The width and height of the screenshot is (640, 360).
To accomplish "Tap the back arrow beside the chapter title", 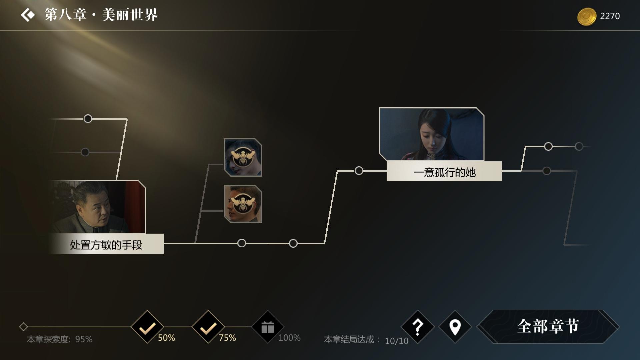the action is point(28,15).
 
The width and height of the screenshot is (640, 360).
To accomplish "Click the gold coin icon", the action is point(586,16).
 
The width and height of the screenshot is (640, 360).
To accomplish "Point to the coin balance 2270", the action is point(610,16).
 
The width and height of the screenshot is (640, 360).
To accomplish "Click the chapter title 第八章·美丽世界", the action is point(101,15).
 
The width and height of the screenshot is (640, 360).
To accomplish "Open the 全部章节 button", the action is point(548,326).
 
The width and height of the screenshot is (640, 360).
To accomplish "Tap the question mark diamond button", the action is point(418,327).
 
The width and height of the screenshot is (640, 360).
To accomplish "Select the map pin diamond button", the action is point(455,327).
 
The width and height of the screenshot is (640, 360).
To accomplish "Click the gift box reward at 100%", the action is point(268,327).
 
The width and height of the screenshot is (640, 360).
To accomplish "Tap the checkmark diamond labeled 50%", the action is point(147,327).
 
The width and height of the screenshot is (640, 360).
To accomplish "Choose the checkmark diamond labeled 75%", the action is point(208,327).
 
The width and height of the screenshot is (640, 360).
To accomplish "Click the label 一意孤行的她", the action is point(444,172).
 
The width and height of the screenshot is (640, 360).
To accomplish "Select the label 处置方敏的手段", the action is point(106,245).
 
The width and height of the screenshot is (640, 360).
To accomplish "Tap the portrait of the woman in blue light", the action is point(432,134).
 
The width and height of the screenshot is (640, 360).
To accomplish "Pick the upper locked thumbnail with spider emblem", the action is point(243,157).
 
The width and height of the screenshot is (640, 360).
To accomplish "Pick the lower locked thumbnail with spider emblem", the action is point(243,204).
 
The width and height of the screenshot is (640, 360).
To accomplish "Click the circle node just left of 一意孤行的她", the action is point(359,171).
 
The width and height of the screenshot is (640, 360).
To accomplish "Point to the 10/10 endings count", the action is point(397,341).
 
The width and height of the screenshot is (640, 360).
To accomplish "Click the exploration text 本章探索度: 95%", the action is point(60,339).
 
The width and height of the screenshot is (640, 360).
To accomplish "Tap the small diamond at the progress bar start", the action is point(23,327).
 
